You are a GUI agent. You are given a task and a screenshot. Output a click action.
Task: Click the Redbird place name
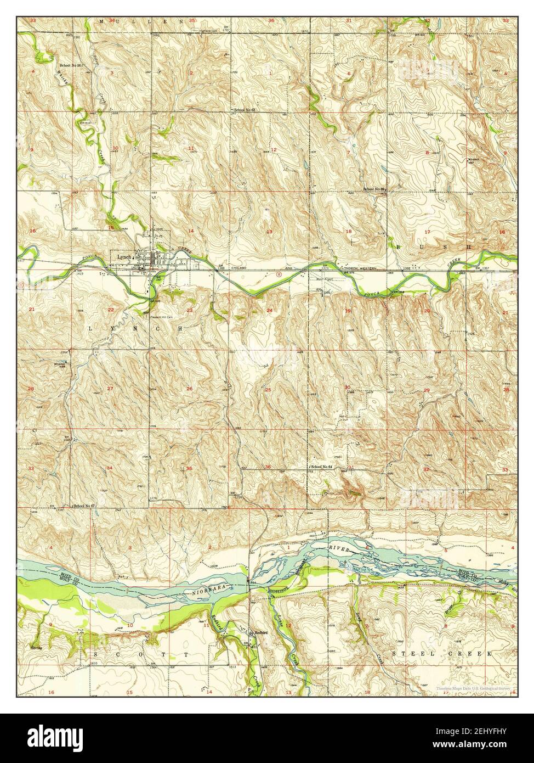pyautogui.click(x=259, y=632)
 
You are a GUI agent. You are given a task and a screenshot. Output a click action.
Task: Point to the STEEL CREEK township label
pyautogui.click(x=444, y=654)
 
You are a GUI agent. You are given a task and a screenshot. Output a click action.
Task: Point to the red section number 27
pyautogui.click(x=110, y=389)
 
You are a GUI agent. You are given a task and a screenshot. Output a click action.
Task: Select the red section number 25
pyautogui.click(x=268, y=390)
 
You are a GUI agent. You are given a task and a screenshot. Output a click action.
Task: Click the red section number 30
pyautogui.click(x=346, y=388)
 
